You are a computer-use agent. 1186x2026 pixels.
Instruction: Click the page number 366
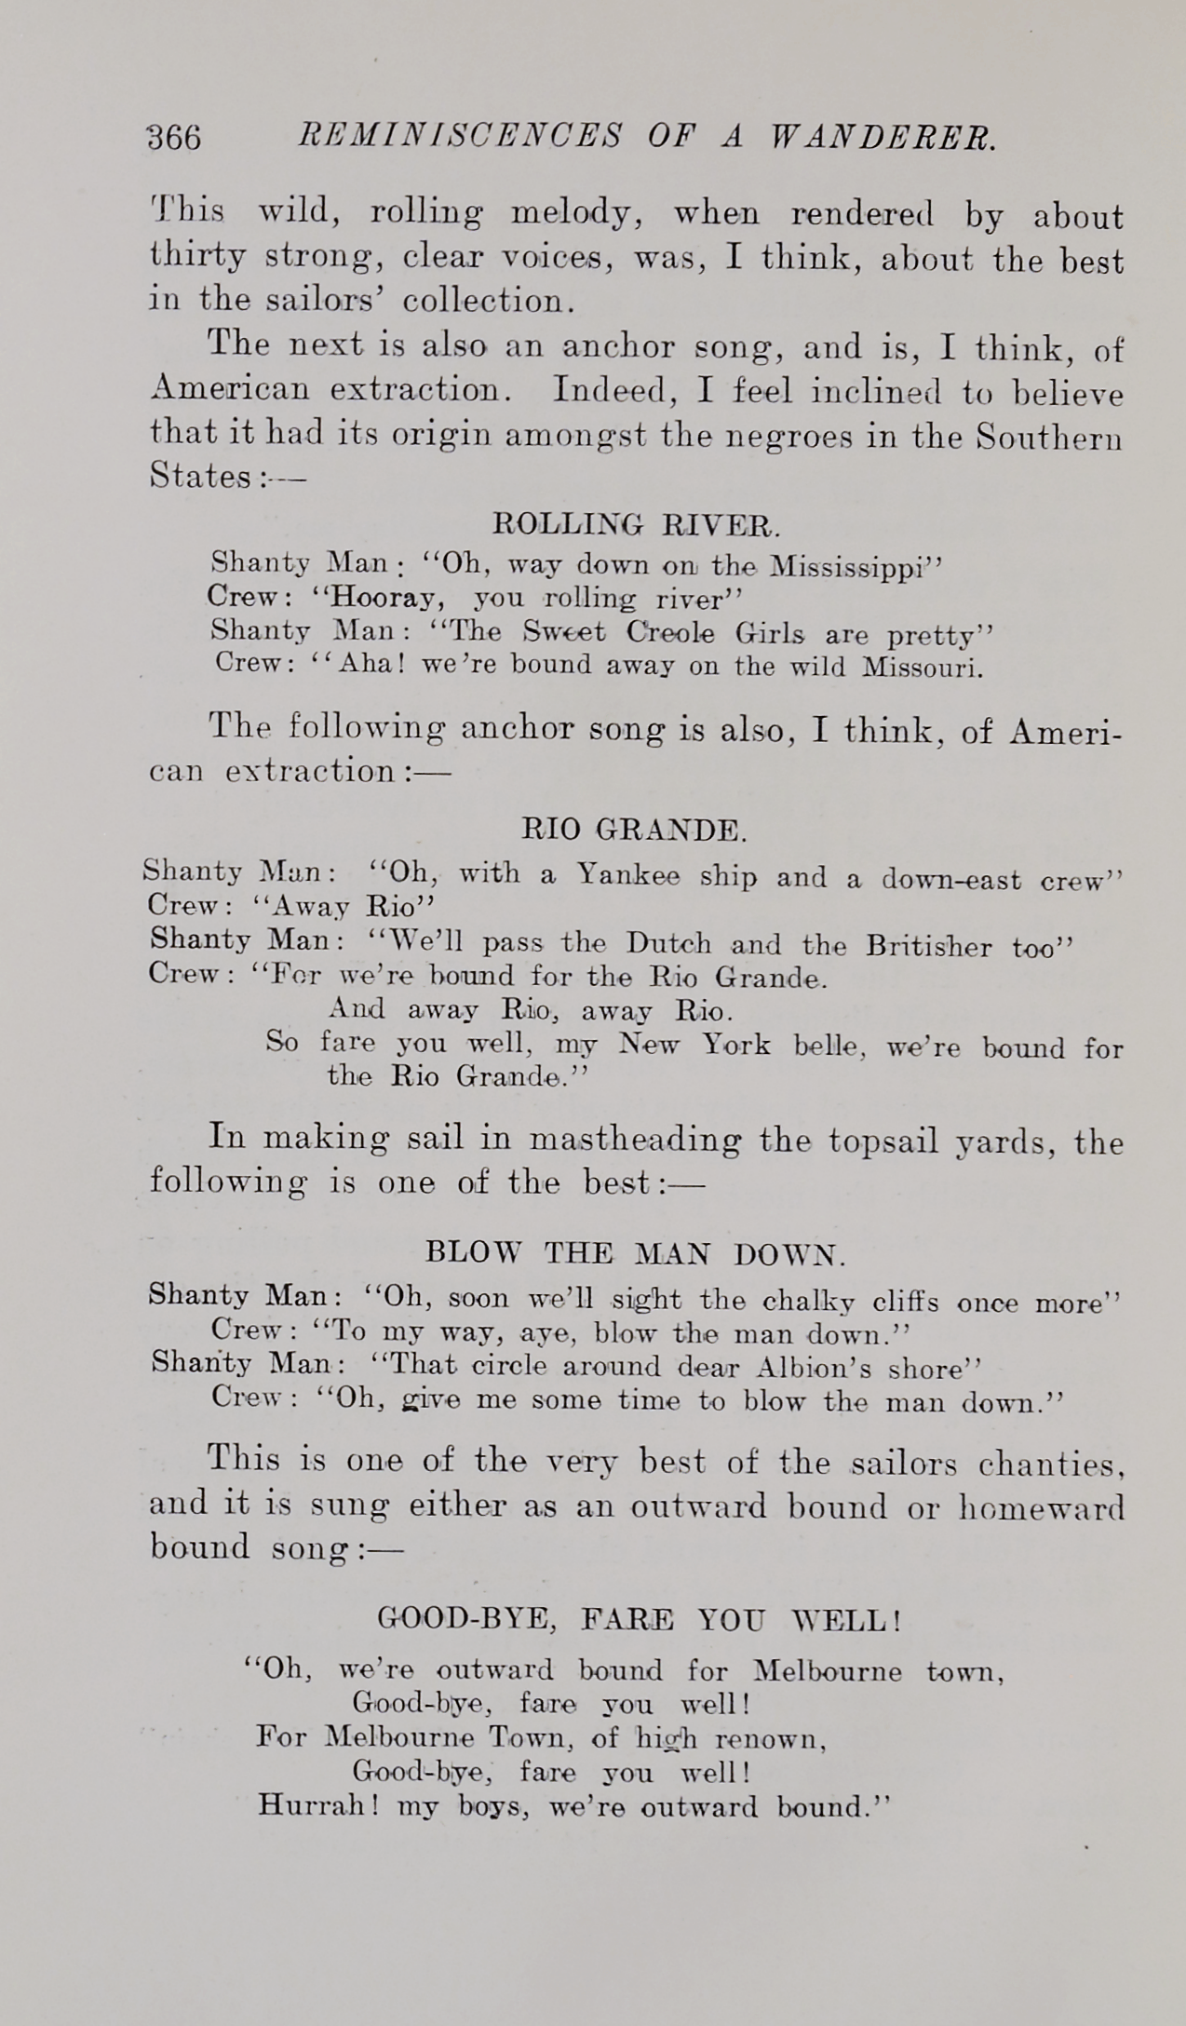[174, 138]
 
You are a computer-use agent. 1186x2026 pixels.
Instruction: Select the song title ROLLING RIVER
[636, 525]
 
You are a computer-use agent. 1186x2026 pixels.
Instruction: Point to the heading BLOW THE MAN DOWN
[636, 1253]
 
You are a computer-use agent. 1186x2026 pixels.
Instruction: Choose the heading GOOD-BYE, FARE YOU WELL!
[640, 1620]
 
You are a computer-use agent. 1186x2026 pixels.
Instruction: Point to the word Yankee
[628, 876]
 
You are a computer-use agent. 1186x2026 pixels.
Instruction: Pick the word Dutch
[668, 944]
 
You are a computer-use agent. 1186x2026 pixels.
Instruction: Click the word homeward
[1042, 1506]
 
